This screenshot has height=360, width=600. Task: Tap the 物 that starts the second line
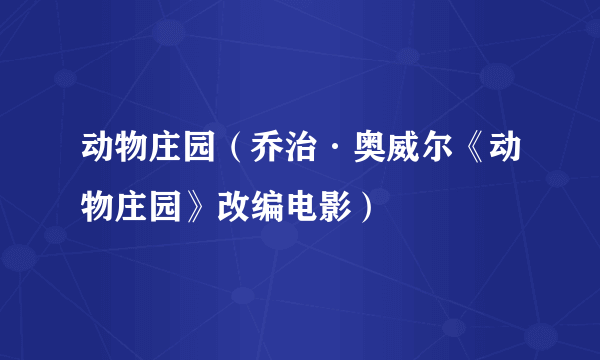point(98,209)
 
